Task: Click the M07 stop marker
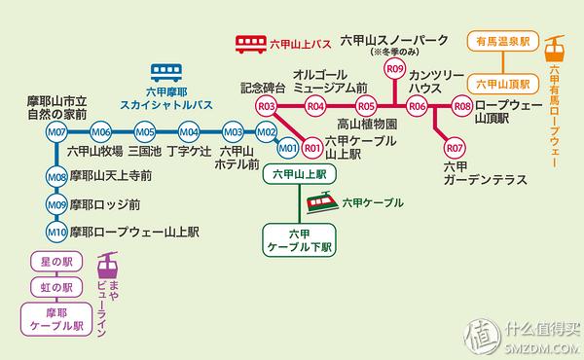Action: [56, 132]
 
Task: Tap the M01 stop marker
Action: [287, 149]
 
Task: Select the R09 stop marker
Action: [394, 69]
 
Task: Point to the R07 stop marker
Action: [454, 148]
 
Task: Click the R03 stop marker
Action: [266, 106]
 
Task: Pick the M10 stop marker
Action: [56, 232]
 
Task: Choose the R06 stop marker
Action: [419, 106]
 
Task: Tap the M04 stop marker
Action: [189, 132]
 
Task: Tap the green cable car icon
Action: [321, 202]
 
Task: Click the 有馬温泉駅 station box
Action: [499, 42]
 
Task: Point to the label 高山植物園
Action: [367, 125]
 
